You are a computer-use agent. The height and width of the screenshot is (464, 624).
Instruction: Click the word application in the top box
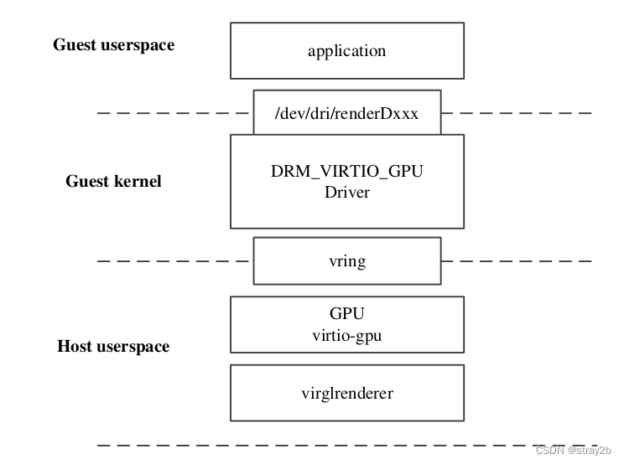(346, 50)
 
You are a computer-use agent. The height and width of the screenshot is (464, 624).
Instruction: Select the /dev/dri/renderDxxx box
(346, 112)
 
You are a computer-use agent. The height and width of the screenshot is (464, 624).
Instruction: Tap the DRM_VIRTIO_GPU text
(346, 171)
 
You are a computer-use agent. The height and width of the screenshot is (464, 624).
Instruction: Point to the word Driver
(346, 191)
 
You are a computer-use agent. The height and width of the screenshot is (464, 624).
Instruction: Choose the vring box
(346, 261)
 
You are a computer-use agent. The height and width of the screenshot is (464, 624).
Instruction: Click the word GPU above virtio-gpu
(346, 314)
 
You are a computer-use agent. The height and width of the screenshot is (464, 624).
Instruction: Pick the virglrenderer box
(346, 392)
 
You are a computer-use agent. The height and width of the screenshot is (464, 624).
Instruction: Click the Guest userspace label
(114, 45)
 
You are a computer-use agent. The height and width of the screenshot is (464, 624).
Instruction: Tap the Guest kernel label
(114, 182)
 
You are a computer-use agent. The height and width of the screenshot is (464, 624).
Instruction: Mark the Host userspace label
(113, 347)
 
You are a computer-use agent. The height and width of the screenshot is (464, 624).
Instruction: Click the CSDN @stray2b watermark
(575, 451)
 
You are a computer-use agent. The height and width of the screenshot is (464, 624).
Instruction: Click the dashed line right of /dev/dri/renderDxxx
(516, 112)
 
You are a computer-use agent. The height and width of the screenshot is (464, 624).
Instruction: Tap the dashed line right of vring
(516, 261)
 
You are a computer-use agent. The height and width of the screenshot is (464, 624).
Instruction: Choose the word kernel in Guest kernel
(138, 182)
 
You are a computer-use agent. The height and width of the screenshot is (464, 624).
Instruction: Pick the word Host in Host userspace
(74, 347)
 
